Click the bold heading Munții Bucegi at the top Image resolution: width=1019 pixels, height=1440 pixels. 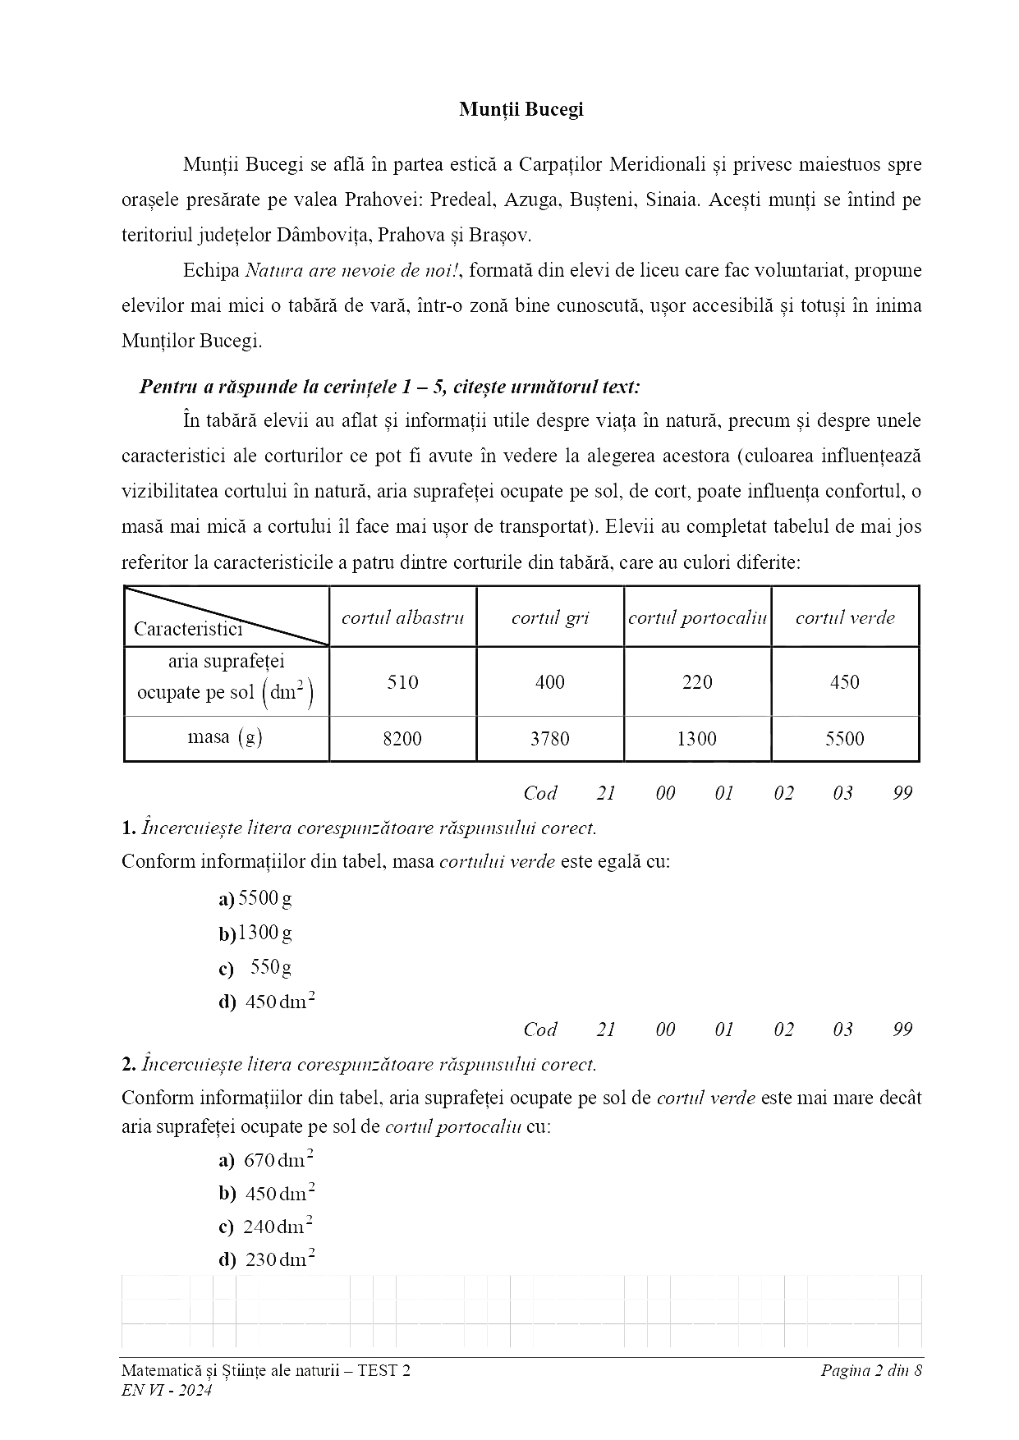521,109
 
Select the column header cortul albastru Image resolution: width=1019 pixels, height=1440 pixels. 402,617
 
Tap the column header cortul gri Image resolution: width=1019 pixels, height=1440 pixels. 549,617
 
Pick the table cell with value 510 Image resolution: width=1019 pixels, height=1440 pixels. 402,682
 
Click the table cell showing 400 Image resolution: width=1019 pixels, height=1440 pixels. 549,682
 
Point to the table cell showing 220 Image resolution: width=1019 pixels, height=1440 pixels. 697,682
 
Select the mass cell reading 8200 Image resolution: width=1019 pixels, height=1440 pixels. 402,739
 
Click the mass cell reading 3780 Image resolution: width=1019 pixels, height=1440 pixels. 549,739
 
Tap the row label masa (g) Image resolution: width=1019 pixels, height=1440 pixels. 225,737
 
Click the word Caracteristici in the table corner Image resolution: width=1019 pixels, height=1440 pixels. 188,630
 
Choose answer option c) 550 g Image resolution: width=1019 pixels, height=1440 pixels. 258,968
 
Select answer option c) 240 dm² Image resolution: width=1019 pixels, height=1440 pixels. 268,1227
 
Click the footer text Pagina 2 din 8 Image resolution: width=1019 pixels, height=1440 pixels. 871,1369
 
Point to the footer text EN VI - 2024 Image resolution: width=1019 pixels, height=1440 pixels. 167,1390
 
